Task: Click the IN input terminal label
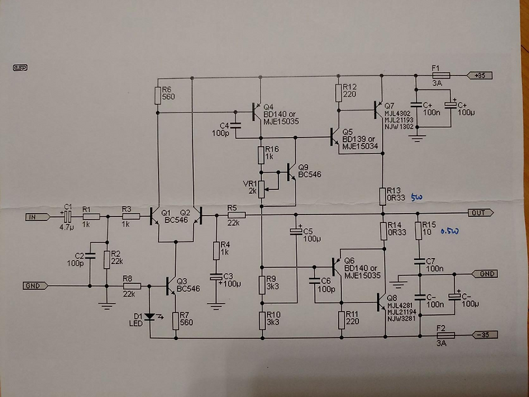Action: click(x=32, y=216)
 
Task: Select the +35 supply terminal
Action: click(x=479, y=75)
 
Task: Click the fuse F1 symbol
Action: click(x=440, y=75)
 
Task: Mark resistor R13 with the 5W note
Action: click(x=382, y=196)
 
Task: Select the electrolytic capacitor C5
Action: click(x=296, y=232)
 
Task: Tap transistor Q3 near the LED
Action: click(x=173, y=286)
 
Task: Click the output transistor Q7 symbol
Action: click(x=378, y=107)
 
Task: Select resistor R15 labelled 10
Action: click(x=417, y=231)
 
